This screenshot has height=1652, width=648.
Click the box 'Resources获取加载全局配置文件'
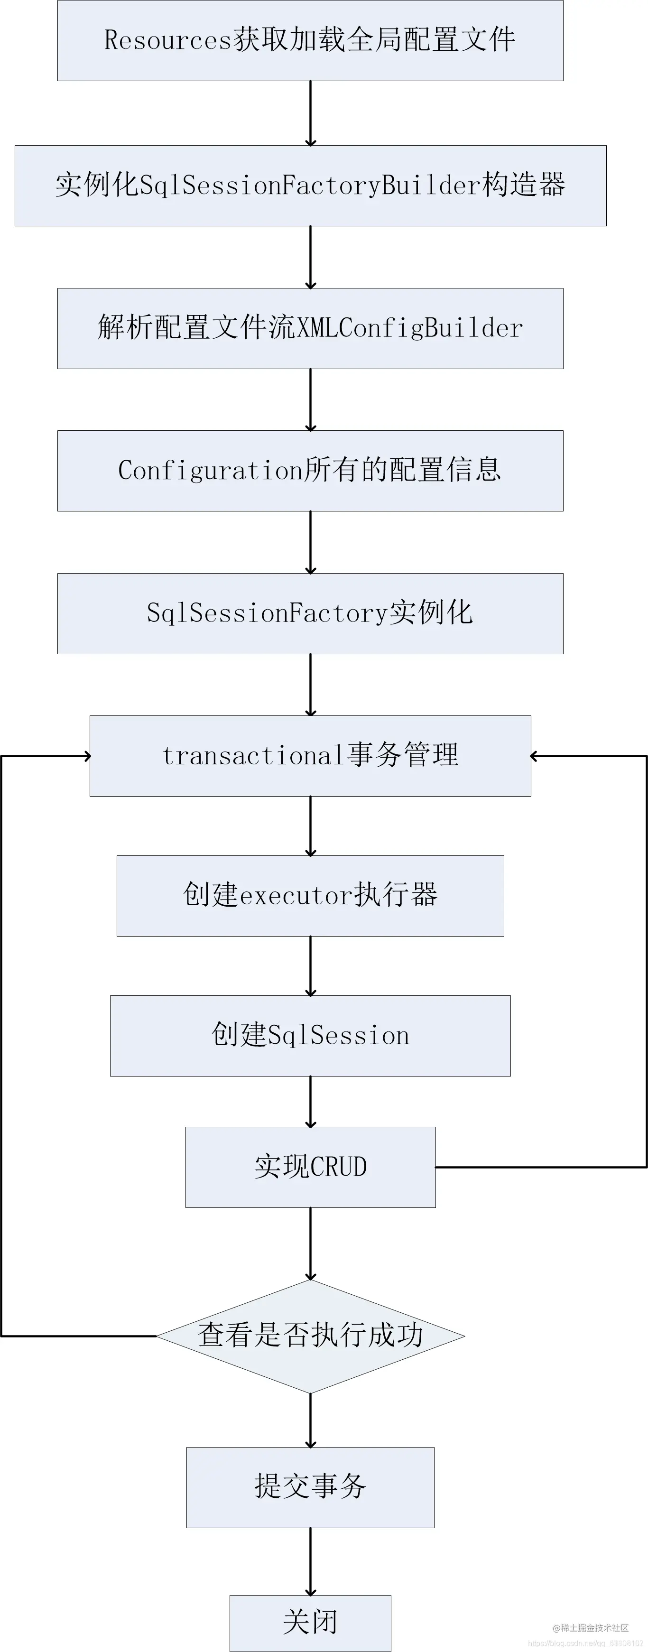(x=310, y=40)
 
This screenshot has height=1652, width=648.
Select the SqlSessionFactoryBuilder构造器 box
(x=310, y=186)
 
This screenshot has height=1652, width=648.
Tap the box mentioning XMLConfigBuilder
(x=310, y=328)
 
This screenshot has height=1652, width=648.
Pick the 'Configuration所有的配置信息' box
(x=310, y=471)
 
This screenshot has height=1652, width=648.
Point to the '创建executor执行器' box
(x=310, y=896)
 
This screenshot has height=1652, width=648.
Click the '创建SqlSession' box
(x=310, y=1036)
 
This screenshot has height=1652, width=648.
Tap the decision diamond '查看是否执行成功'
(x=310, y=1336)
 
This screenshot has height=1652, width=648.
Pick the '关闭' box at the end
(x=310, y=1623)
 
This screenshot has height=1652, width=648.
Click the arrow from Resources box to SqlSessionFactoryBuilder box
(x=310, y=113)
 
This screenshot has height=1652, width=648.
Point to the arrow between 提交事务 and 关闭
(x=310, y=1561)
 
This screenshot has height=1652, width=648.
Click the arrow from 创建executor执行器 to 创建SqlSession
(x=310, y=965)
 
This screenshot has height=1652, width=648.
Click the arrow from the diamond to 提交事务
(x=310, y=1420)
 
